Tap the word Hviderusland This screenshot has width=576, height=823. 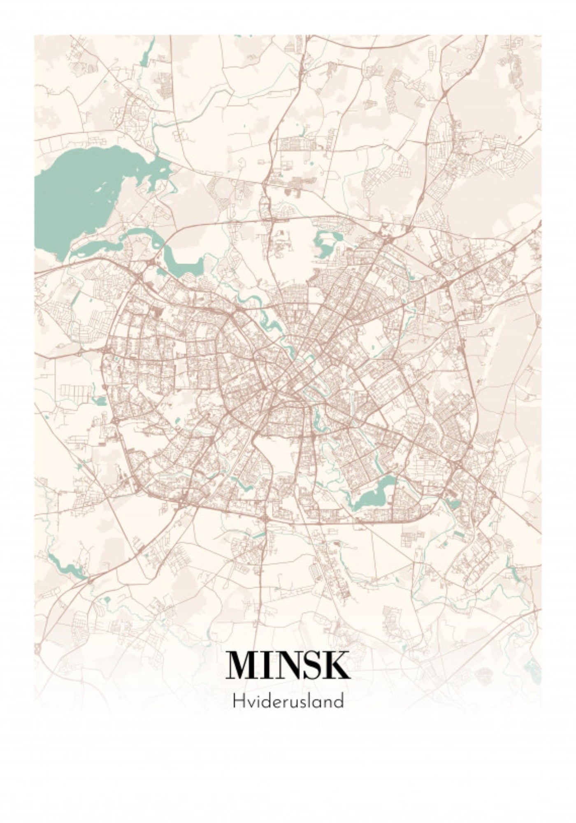[x=288, y=701]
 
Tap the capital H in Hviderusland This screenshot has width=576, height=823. [x=237, y=701]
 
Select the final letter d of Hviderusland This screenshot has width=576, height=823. [x=339, y=701]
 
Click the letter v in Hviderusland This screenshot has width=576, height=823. [x=248, y=702]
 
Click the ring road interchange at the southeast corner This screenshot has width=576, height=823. [x=457, y=465]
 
